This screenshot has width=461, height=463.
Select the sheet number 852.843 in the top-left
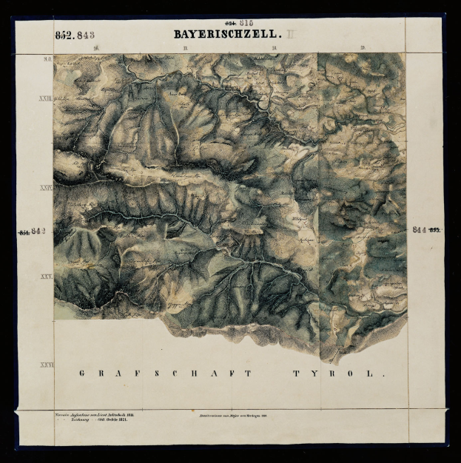tap(74, 34)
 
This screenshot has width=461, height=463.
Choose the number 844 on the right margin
tap(421, 229)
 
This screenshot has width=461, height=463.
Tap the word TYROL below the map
tap(340, 374)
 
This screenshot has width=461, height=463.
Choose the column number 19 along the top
tap(362, 49)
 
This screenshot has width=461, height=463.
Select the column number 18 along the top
tap(274, 49)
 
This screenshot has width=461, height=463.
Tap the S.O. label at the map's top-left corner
tap(47, 58)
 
